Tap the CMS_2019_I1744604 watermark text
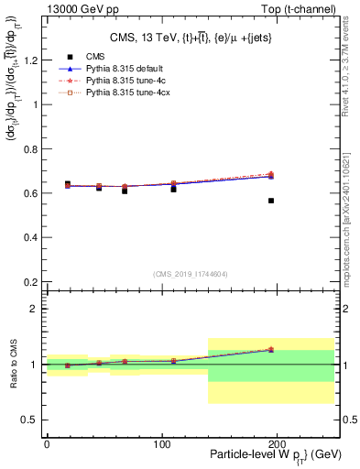(x=189, y=274)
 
